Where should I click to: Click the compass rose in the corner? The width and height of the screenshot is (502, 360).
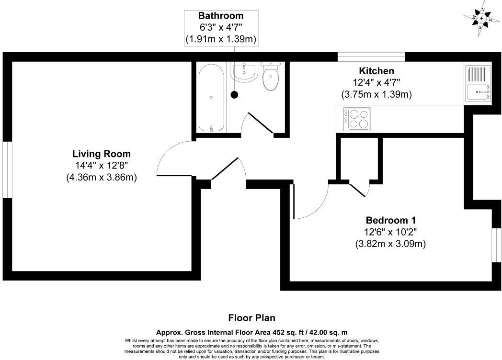[x=483, y=19]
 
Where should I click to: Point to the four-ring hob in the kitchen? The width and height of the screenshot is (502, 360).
[x=356, y=119]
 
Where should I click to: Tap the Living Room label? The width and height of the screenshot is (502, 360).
[x=101, y=154]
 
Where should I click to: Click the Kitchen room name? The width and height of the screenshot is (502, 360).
[x=376, y=71]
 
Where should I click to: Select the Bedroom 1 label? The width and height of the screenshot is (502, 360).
[x=390, y=220]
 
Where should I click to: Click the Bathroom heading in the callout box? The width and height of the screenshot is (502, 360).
[x=221, y=16]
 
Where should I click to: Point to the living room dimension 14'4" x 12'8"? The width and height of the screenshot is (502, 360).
[x=101, y=166]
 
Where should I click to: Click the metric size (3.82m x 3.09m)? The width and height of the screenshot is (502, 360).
[x=390, y=244]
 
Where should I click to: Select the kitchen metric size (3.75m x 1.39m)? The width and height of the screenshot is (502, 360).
[x=376, y=94]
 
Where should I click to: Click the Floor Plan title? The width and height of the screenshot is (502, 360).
[x=251, y=318]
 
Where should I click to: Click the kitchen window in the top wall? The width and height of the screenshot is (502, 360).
[x=371, y=57]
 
